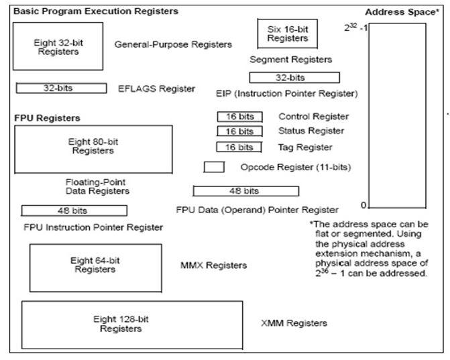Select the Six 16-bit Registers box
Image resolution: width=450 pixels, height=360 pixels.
[x=282, y=34]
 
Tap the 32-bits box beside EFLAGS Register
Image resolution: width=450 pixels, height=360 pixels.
[x=60, y=88]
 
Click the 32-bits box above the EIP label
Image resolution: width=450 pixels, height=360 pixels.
[x=294, y=78]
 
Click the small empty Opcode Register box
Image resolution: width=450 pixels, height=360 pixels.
[x=213, y=166]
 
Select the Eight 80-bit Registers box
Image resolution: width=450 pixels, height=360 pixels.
[x=92, y=147]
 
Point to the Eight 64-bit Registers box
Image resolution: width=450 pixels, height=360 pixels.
[x=95, y=267]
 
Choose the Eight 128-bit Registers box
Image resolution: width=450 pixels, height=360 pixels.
[x=131, y=324]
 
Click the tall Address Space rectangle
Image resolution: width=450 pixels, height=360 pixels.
[x=396, y=115]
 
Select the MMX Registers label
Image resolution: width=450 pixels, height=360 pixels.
[x=213, y=266]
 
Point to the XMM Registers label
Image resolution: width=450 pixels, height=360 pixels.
[x=294, y=323]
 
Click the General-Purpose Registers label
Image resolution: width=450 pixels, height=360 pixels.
[x=174, y=44]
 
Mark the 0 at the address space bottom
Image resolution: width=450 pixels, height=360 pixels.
[x=363, y=204]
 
